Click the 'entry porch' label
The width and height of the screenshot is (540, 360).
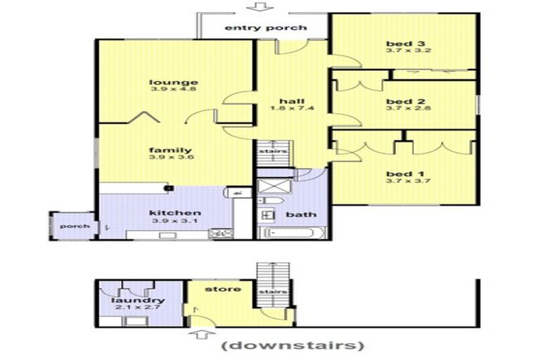266,28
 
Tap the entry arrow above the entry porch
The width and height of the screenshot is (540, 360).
263,6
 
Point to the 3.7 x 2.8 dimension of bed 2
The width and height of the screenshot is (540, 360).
408,108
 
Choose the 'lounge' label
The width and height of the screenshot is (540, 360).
174,82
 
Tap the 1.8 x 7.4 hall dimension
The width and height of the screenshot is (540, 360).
292,108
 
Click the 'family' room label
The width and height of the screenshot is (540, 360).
170,150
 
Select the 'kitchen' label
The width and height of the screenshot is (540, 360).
175,213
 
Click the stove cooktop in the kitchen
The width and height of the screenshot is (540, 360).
221,234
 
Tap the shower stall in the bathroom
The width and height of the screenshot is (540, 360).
274,186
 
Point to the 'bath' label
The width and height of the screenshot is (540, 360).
301,214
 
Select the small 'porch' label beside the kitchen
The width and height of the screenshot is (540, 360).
75,226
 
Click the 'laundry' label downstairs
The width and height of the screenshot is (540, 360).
138,301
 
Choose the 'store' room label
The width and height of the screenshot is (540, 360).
223,289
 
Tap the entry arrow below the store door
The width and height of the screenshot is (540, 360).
202,334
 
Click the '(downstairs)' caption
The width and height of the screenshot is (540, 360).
292,345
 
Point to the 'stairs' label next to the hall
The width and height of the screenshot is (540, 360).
273,152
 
